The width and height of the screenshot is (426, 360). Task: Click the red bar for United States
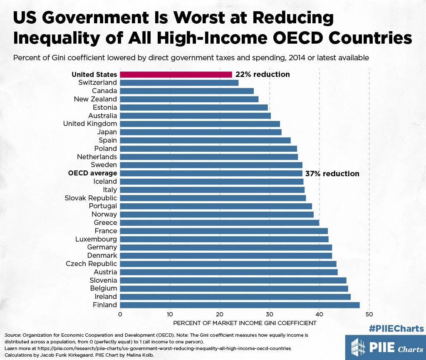pyautogui.click(x=176, y=74)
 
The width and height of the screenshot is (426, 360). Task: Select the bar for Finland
pyautogui.click(x=240, y=305)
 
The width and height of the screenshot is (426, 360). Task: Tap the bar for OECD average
pyautogui.click(x=211, y=173)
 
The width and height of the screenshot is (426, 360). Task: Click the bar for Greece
pyautogui.click(x=220, y=223)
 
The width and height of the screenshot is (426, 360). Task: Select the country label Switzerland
pyautogui.click(x=97, y=83)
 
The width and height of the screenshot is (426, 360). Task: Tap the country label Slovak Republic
pyautogui.click(x=91, y=198)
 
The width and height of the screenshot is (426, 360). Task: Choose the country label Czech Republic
pyautogui.click(x=92, y=264)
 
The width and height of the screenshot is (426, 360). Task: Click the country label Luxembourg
pyautogui.click(x=96, y=239)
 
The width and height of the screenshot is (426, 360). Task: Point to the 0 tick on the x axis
pyautogui.click(x=120, y=314)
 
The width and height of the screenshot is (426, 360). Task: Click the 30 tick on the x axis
pyautogui.click(x=270, y=314)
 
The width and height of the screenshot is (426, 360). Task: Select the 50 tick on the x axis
pyautogui.click(x=369, y=314)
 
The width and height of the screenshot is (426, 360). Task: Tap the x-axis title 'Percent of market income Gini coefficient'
pyautogui.click(x=245, y=323)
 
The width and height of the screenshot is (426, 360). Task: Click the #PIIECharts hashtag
pyautogui.click(x=396, y=329)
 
